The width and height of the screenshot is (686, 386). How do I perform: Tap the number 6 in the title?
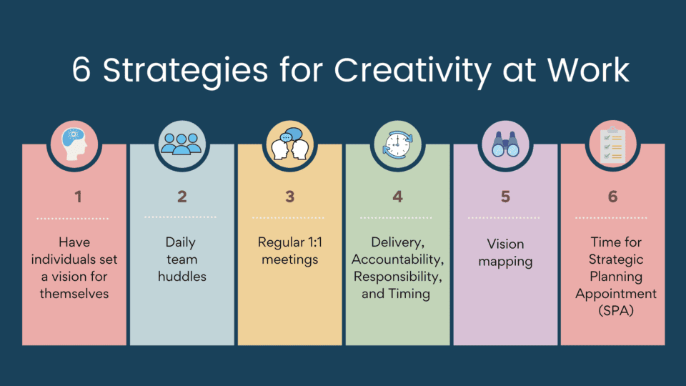pos(82,71)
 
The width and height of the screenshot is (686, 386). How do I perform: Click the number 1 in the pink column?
pos(74,197)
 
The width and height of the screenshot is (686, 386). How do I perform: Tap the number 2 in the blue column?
pos(182,197)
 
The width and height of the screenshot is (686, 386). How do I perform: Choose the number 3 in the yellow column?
pos(289,197)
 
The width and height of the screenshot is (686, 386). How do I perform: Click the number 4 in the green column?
pos(397,197)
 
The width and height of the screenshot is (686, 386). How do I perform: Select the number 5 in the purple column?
pos(505,197)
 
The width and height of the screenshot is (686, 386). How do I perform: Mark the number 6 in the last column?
pos(612,197)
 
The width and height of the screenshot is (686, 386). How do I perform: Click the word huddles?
pos(182,277)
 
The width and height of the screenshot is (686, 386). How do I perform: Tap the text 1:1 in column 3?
pos(310,243)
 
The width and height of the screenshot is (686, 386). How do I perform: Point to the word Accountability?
pos(397,259)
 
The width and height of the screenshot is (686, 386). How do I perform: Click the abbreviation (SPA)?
pos(612,311)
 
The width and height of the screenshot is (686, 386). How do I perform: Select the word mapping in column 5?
pos(505,261)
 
